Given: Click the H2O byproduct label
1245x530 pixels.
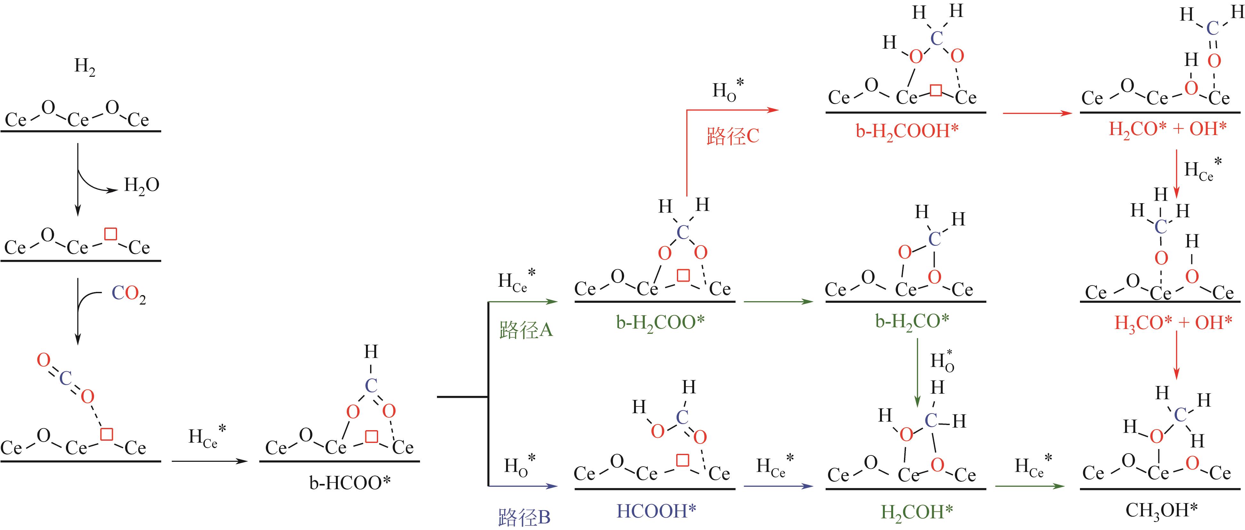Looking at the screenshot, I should coord(141,185).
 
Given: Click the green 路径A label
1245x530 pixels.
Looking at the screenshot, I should coord(525,330).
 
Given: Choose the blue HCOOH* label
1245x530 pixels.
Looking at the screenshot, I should coord(656,511).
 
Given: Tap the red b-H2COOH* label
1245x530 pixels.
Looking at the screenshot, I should coord(907,131).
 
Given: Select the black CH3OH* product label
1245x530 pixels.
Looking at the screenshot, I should coord(1162,510).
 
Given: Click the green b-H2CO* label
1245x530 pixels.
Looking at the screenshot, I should coord(912,321).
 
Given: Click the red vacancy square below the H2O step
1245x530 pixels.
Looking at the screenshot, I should coord(111,234).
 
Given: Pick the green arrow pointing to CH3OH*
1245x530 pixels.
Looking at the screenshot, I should coord(1029,486).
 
